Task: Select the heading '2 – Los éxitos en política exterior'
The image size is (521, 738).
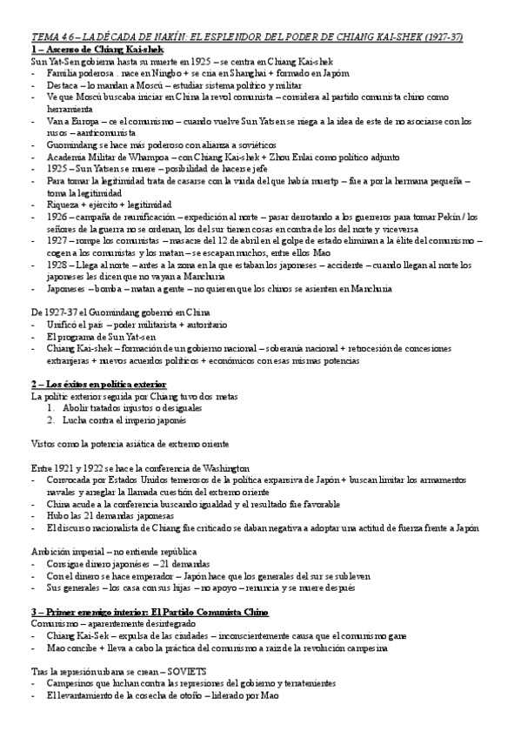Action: (98, 384)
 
